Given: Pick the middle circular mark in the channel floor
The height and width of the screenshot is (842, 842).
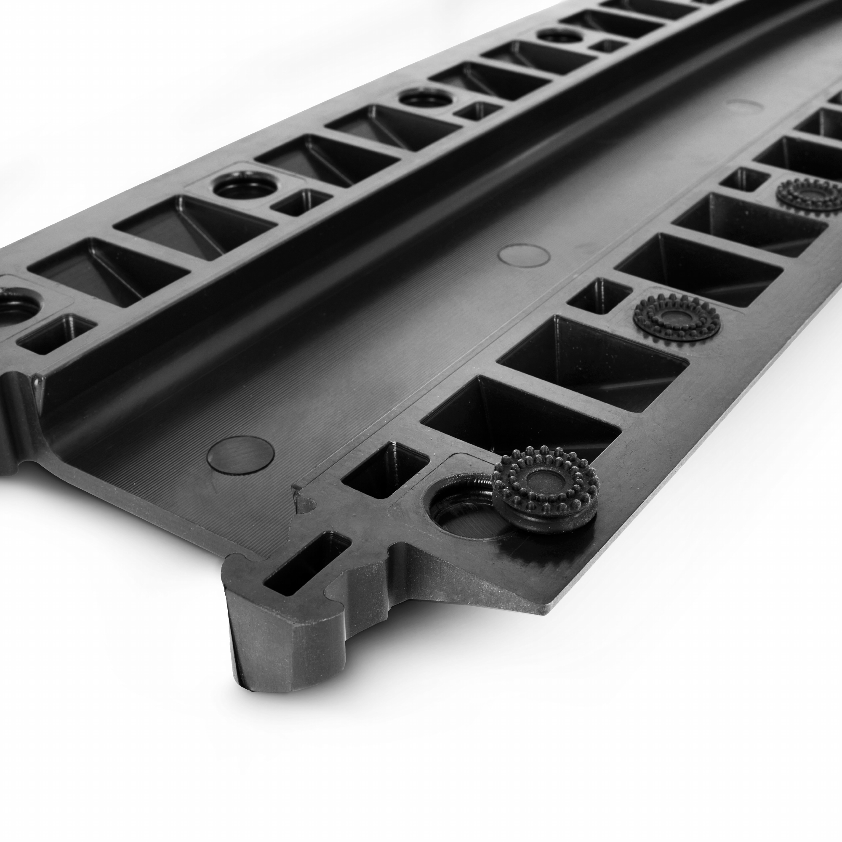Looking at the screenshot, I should tap(523, 254).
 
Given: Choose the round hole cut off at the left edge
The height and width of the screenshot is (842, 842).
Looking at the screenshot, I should tap(15, 305).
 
